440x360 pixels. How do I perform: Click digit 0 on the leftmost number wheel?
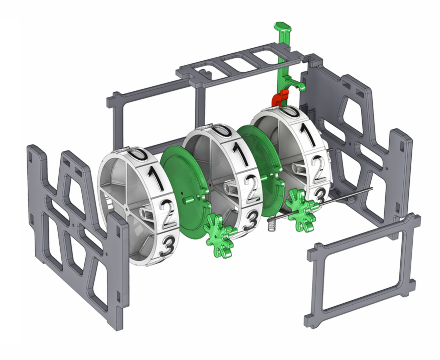point(138,154)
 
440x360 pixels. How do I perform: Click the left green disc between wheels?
point(182,187)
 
